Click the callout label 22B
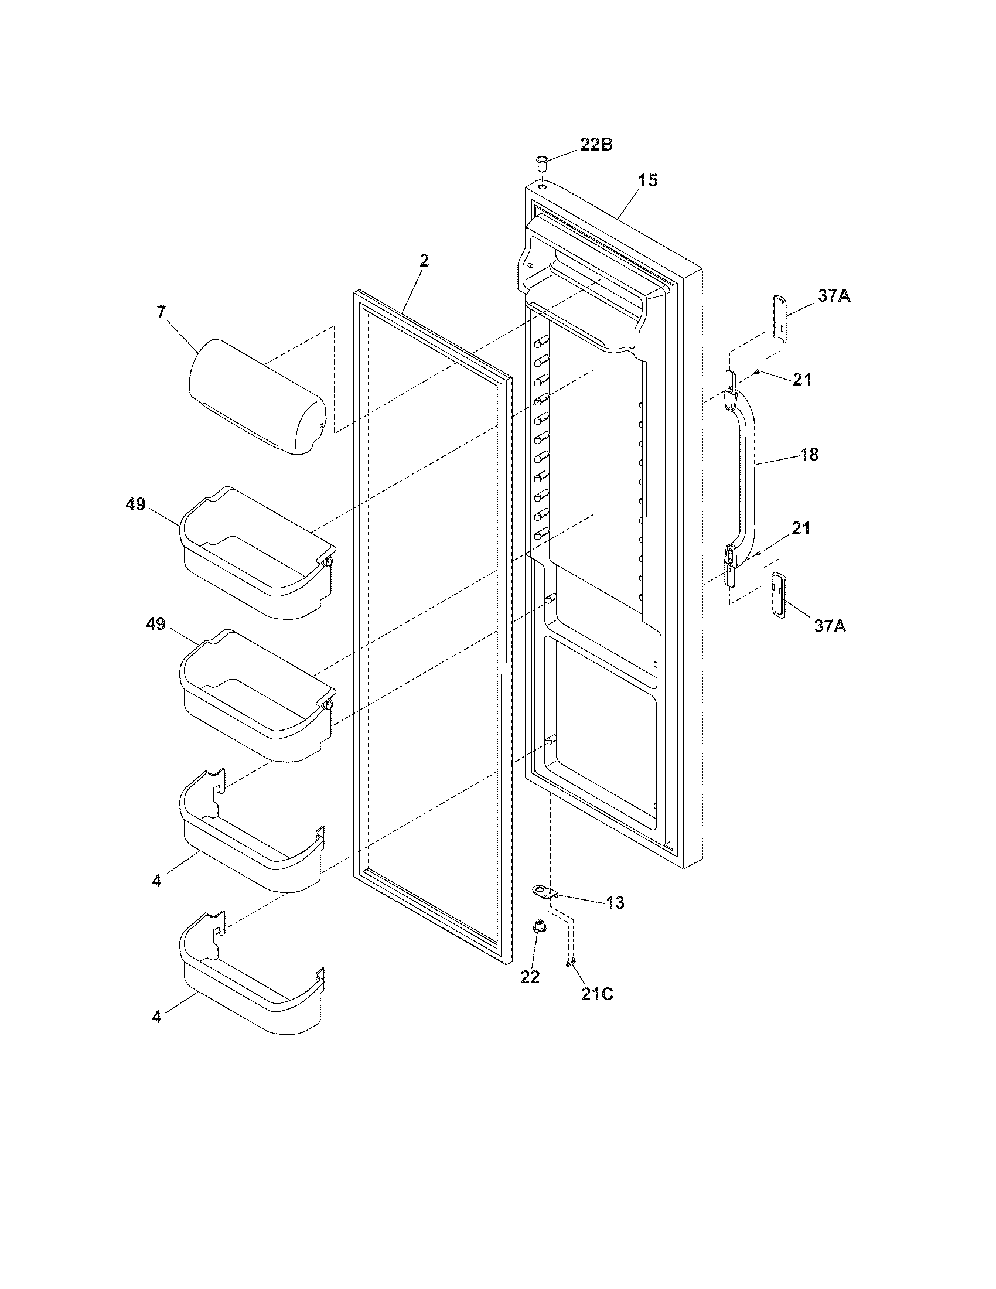point(596,145)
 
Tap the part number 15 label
point(647,180)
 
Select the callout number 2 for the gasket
point(424,260)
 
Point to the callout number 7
point(161,313)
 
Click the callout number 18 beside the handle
point(810,455)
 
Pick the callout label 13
point(615,902)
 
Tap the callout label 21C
point(597,994)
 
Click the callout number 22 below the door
point(530,977)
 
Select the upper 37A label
point(834,296)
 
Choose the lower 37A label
point(830,626)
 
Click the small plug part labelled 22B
point(541,161)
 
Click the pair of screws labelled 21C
point(570,963)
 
